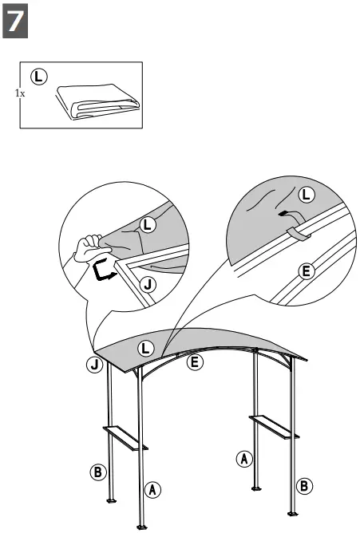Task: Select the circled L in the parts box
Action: tap(38, 77)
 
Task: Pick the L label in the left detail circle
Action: tap(147, 226)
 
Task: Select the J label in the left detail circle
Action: tap(145, 284)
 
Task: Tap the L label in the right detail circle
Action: tap(306, 194)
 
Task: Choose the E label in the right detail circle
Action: tap(306, 270)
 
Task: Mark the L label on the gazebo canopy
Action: tap(145, 347)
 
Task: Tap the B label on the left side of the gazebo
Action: tap(97, 472)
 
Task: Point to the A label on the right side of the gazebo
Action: tap(245, 458)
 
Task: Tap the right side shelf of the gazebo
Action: tap(273, 424)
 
